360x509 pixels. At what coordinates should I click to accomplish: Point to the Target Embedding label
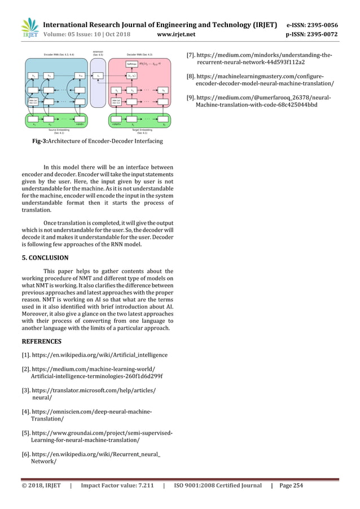click(x=139, y=130)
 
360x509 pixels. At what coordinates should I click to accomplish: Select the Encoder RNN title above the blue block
click(x=51, y=54)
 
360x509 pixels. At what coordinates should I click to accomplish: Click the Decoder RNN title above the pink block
click(x=139, y=54)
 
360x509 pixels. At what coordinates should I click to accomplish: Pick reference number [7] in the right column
click(x=191, y=55)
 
